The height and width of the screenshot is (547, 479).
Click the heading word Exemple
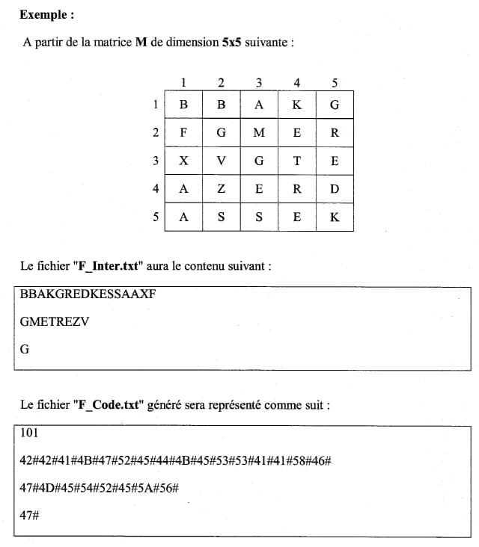click(x=46, y=14)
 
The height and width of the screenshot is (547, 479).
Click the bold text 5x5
click(x=231, y=42)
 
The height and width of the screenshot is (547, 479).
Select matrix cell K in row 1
click(x=297, y=105)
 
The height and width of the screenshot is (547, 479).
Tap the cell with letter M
click(x=259, y=133)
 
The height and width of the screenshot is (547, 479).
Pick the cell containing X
click(x=184, y=161)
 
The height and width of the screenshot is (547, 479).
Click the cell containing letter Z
click(x=222, y=189)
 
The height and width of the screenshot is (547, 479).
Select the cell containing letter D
click(x=335, y=189)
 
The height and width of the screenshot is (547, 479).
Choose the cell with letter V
click(x=222, y=161)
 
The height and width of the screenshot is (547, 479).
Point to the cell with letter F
click(x=184, y=133)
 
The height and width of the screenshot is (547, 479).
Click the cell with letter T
click(x=297, y=161)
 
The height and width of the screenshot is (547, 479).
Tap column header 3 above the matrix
click(x=259, y=82)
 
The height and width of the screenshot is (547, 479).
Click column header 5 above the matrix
click(x=335, y=82)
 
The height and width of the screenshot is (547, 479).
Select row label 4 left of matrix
click(x=156, y=189)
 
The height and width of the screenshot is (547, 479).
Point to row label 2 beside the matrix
click(x=156, y=133)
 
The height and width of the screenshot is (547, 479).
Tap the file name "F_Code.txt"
click(x=108, y=405)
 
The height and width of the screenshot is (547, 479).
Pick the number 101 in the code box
click(x=30, y=433)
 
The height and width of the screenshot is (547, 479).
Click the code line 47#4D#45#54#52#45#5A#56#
click(x=98, y=489)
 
